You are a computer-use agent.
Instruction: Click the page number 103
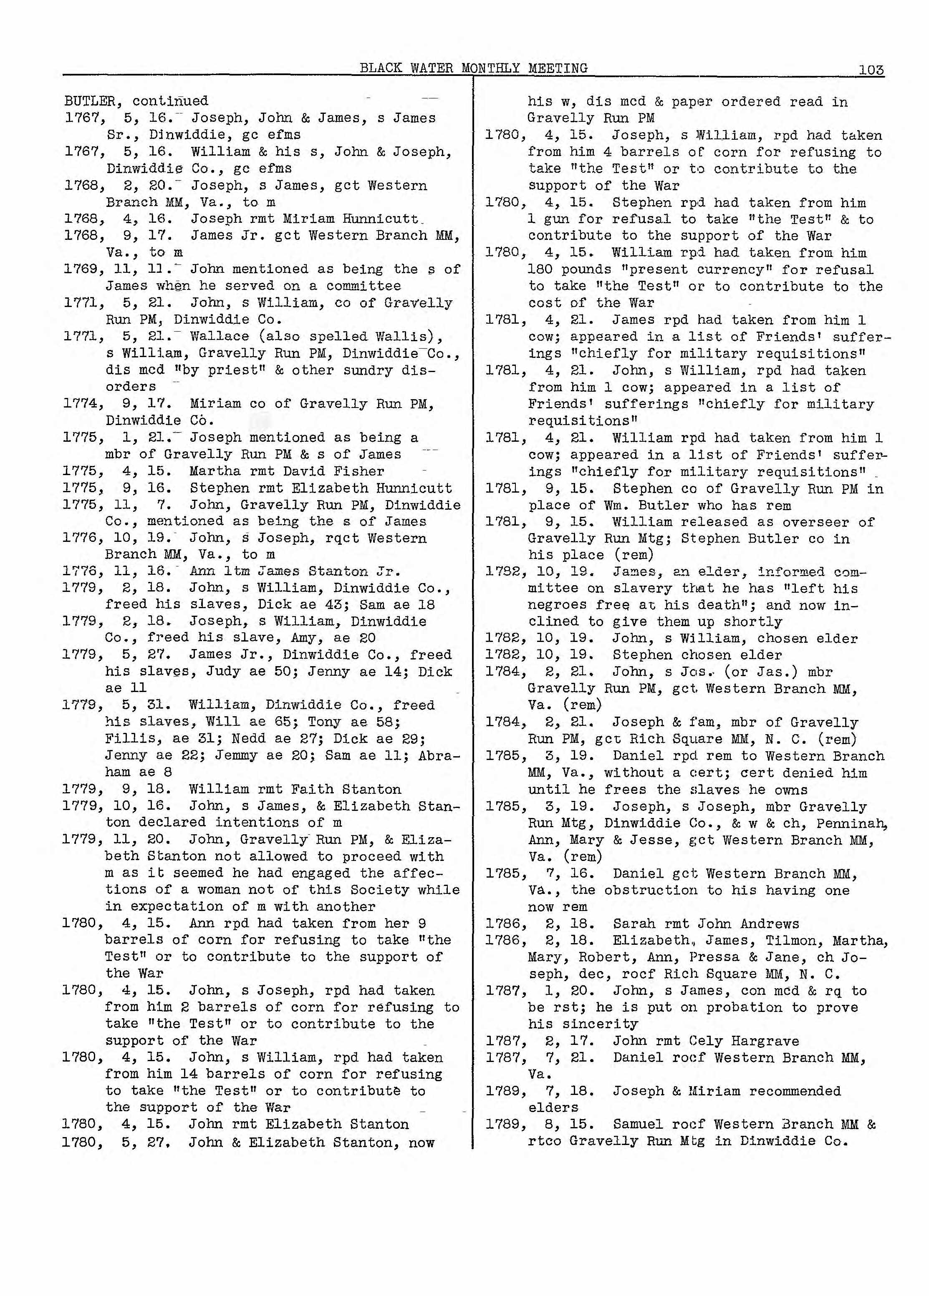pos(871,70)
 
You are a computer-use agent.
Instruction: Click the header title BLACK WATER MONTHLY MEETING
pos(473,68)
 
